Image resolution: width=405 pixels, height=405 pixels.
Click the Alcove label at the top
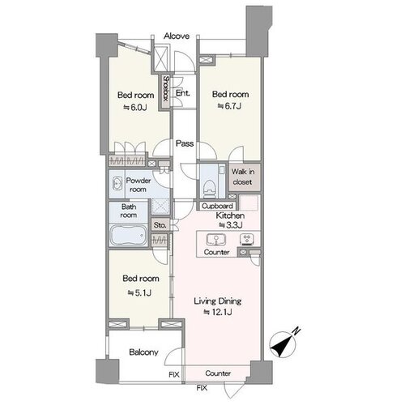tap(177, 36)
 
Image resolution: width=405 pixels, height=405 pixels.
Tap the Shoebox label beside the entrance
tap(165, 88)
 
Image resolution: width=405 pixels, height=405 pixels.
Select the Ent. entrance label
tap(183, 93)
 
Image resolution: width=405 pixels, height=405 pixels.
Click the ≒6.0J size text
tap(135, 108)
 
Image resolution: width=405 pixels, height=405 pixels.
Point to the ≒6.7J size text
tap(229, 106)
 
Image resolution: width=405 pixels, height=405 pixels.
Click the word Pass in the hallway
tap(185, 143)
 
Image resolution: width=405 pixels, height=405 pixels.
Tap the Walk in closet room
tap(243, 177)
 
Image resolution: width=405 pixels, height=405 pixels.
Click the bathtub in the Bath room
tap(128, 235)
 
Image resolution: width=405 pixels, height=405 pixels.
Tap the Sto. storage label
tap(160, 225)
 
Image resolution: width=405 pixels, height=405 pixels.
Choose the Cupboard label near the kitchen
tap(217, 206)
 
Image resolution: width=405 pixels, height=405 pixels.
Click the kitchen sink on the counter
tap(216, 240)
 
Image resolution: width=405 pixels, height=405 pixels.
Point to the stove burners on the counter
tap(247, 240)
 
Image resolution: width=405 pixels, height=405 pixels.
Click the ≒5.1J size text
tap(139, 292)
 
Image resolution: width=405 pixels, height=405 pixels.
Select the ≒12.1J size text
tap(218, 312)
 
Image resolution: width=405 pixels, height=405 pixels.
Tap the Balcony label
tap(143, 352)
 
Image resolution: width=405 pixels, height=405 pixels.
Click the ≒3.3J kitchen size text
tap(230, 224)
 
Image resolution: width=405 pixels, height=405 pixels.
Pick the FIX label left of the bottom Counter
tap(174, 375)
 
